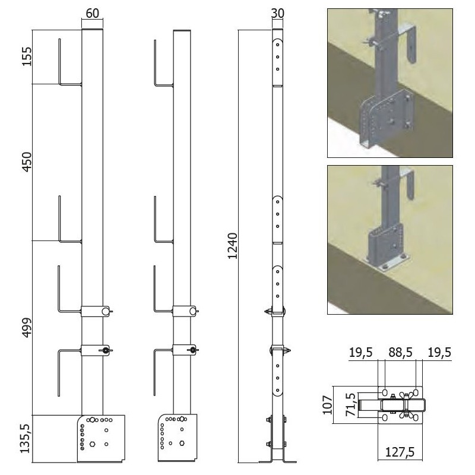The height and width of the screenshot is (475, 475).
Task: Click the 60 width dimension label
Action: (93, 13)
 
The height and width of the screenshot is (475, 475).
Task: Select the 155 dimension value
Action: (27, 56)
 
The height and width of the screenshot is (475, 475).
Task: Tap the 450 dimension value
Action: (27, 162)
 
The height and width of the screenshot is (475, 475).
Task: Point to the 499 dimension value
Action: (27, 328)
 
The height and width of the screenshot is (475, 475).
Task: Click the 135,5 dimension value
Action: (26, 438)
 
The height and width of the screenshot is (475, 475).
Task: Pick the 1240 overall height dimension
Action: (232, 246)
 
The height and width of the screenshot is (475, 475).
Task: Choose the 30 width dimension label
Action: (277, 13)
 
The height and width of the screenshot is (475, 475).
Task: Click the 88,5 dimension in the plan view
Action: (400, 353)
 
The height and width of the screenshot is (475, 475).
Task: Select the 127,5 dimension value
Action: (400, 452)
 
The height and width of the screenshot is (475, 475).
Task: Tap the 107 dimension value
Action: (328, 405)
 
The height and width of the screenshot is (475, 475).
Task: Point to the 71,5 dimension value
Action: (350, 404)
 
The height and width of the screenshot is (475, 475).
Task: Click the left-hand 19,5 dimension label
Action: (361, 353)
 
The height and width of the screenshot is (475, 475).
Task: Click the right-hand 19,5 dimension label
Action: (439, 353)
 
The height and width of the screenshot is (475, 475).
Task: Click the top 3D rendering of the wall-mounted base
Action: (390, 83)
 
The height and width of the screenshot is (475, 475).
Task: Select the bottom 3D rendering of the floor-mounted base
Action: (390, 240)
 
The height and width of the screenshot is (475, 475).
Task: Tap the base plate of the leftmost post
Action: (101, 439)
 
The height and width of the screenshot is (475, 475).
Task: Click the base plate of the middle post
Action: (177, 438)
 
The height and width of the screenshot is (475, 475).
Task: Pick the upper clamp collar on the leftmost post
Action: (96, 311)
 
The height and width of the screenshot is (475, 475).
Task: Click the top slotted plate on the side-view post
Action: (277, 62)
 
